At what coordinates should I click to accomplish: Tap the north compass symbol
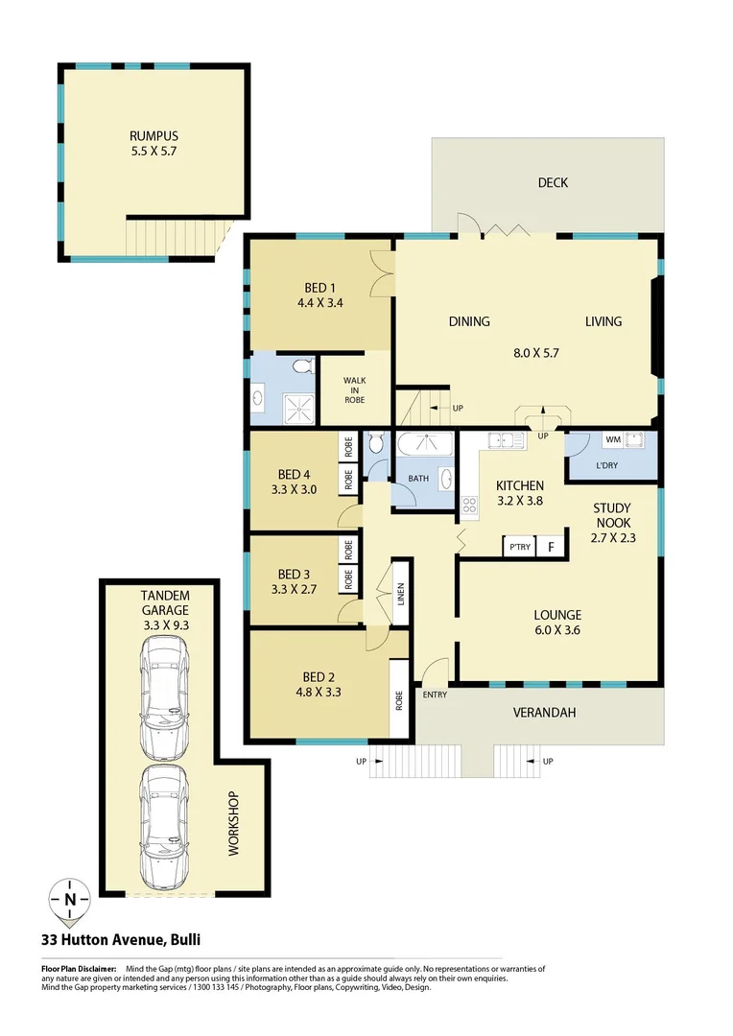(x=70, y=899)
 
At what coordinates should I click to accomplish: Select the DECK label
(x=552, y=182)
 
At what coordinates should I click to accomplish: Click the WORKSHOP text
(x=233, y=824)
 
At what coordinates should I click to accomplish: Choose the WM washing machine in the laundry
(x=612, y=439)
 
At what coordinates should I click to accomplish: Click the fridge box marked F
(x=550, y=548)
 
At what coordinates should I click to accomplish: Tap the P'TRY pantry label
(x=519, y=548)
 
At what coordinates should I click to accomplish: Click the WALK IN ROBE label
(x=355, y=389)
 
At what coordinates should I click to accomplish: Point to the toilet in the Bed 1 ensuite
(x=303, y=365)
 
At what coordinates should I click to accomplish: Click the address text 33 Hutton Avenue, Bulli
(x=120, y=940)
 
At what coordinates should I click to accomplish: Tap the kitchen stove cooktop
(x=470, y=504)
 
